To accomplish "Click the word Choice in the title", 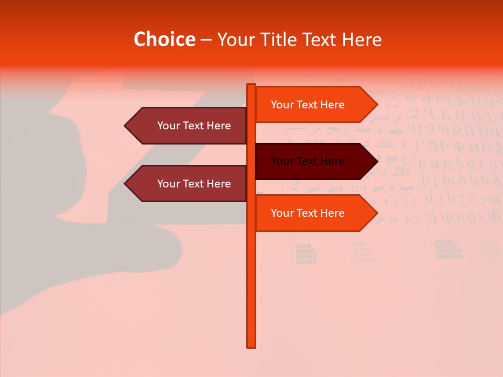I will [x=164, y=40].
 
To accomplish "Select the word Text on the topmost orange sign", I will [x=308, y=105].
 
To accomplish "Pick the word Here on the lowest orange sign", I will [x=332, y=213].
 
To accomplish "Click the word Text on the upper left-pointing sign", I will [x=194, y=126].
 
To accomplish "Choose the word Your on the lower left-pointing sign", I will [x=168, y=184].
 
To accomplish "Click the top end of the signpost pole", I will [x=251, y=85].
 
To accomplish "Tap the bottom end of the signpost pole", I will [x=251, y=346].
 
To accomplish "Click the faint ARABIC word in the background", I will [x=307, y=256].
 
